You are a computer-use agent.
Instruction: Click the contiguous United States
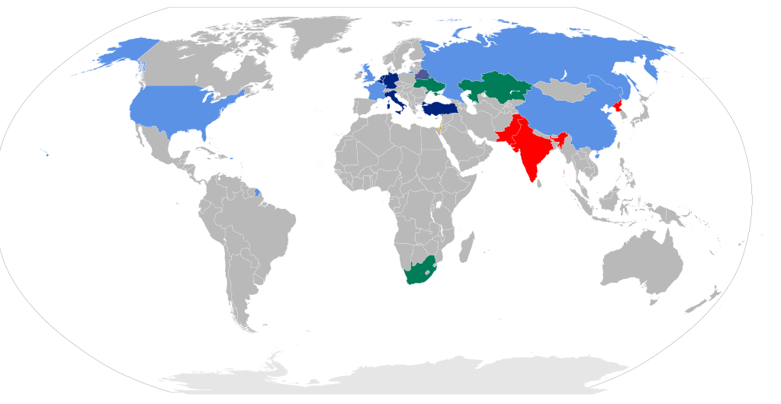pos(183,107)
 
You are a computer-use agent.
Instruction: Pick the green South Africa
pos(419,270)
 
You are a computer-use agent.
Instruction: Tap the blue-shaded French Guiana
pos(257,191)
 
